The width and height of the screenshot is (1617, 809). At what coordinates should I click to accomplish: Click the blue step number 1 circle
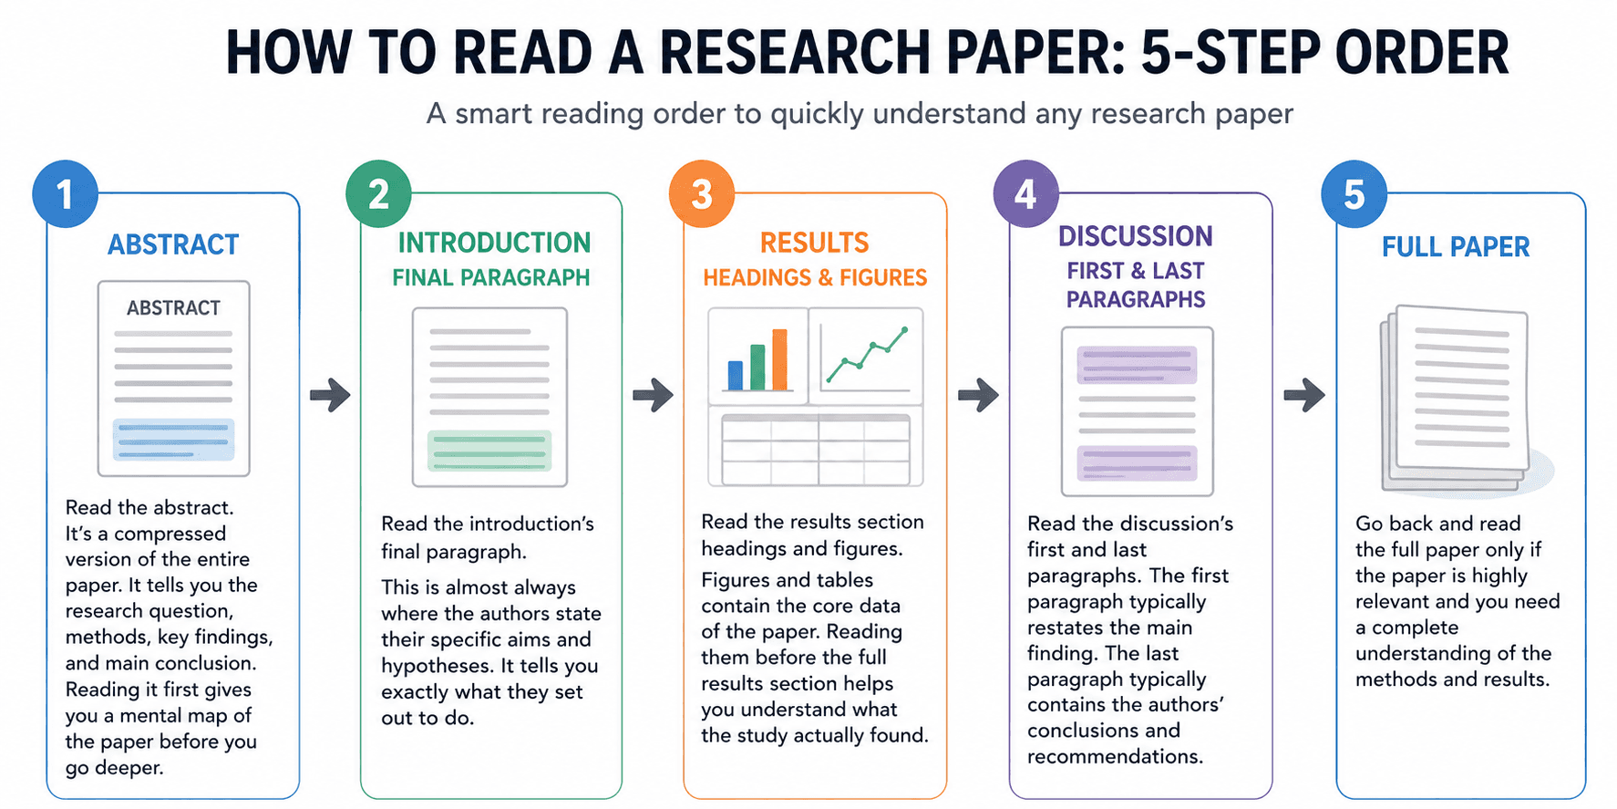[x=65, y=194]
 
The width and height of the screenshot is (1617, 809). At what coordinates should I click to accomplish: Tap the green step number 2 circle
[x=378, y=194]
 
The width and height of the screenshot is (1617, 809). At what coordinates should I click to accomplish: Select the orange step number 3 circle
[x=702, y=194]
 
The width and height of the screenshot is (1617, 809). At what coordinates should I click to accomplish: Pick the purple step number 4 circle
[x=1025, y=194]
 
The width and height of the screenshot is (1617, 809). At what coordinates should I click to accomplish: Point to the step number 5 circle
[x=1354, y=194]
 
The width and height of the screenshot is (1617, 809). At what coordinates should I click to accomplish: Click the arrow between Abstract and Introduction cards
[x=330, y=395]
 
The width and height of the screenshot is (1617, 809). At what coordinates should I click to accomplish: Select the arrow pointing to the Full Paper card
[x=1304, y=395]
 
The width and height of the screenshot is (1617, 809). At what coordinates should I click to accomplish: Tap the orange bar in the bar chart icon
[x=779, y=359]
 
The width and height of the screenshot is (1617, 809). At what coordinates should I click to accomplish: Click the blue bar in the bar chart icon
[x=735, y=375]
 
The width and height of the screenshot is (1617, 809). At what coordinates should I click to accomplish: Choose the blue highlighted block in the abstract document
[x=173, y=440]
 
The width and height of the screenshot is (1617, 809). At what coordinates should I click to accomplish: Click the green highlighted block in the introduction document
[x=489, y=451]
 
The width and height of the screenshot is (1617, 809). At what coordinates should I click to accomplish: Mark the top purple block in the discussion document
[x=1137, y=365]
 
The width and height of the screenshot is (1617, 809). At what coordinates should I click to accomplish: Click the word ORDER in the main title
[x=1422, y=53]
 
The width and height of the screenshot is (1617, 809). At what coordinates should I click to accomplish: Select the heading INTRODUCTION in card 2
[x=494, y=243]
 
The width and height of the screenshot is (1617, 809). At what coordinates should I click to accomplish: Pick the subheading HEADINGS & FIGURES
[x=815, y=278]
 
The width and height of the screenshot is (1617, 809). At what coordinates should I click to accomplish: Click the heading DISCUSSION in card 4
[x=1136, y=236]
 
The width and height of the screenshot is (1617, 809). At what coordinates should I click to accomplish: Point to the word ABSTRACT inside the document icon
[x=173, y=308]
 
